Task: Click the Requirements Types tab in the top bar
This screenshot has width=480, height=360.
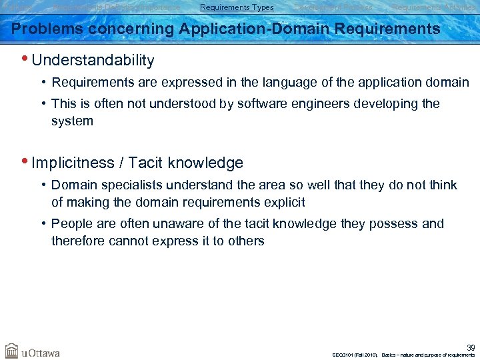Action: (237, 7)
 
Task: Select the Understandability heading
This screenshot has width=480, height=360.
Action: (93, 61)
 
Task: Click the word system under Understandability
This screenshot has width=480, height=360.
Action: (72, 121)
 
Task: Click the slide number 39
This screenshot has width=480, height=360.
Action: (471, 347)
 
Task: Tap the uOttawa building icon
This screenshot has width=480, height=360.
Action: (12, 351)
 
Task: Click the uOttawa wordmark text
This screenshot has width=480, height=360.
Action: (41, 352)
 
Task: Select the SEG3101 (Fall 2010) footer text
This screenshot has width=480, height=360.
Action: (355, 355)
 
